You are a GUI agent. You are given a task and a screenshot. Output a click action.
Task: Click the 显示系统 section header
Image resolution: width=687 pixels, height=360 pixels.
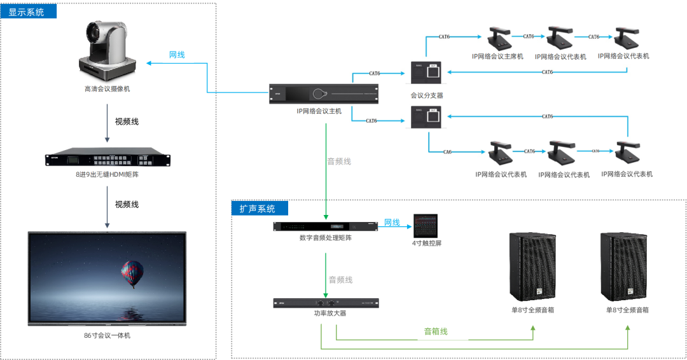pos(27,11)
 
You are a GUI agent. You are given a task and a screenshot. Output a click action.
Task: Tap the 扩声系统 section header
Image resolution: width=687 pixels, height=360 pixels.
pos(258,209)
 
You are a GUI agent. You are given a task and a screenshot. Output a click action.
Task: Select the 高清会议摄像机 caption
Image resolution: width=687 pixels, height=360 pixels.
pos(107,89)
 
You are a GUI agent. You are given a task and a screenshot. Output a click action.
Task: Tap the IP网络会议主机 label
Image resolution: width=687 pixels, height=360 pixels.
pos(319,111)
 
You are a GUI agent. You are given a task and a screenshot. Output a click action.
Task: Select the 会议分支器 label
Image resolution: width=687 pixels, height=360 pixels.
pos(427,95)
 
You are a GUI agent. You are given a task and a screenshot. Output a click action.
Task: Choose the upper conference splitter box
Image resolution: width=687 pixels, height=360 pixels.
pos(427,73)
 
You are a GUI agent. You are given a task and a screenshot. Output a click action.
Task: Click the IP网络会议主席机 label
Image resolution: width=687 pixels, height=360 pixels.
pos(497,57)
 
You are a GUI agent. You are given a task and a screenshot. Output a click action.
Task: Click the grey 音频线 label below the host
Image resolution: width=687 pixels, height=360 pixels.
pos(339,162)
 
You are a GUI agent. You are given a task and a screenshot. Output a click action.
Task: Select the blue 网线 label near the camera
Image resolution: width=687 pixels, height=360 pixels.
pos(177,55)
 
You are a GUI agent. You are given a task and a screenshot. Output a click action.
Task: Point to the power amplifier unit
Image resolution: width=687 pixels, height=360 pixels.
pos(326,303)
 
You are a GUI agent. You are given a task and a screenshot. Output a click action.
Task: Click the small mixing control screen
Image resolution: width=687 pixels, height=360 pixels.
pos(427,226)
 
